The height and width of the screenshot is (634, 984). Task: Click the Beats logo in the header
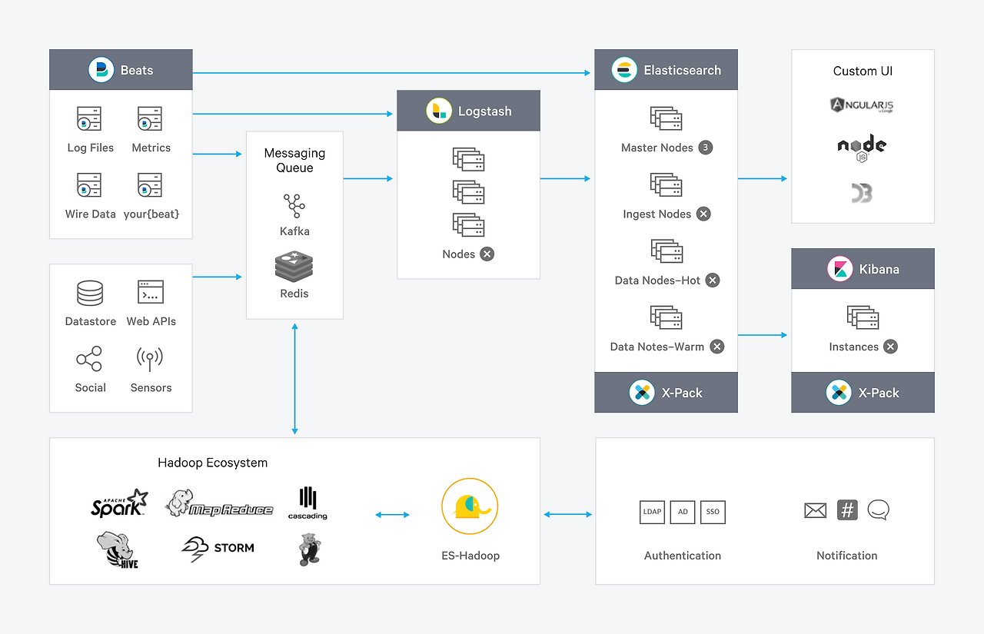coord(101,70)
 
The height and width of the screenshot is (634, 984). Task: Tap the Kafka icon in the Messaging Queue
coord(294,205)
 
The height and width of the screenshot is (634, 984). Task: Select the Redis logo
coord(294,267)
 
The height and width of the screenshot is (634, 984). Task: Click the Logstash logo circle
coord(439,111)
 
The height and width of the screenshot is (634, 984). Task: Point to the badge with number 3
coord(705,148)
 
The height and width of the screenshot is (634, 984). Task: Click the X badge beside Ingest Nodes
coord(703,214)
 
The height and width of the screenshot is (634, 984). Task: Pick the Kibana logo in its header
coord(839,269)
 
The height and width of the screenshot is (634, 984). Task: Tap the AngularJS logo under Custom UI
coord(862,105)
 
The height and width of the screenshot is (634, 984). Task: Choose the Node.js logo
coord(862,147)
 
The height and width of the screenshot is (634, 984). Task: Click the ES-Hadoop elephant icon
coord(470,507)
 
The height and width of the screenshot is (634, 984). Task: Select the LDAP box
coord(652,513)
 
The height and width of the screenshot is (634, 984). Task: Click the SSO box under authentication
coord(713,513)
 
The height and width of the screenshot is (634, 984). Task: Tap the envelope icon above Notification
coord(815,510)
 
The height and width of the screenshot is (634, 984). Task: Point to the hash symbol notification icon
coord(847,510)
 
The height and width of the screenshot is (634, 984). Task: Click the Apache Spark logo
coord(119,503)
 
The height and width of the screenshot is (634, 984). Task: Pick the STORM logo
coord(218,547)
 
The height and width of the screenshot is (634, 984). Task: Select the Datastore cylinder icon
coord(90,293)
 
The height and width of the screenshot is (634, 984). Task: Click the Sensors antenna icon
coord(150,359)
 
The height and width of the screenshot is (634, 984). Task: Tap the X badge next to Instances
coord(890,347)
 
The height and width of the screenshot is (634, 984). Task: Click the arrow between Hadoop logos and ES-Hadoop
coord(392,515)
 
